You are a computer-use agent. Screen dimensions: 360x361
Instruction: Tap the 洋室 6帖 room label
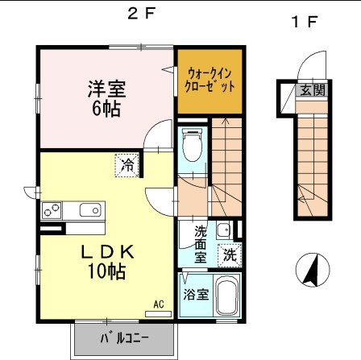pos(106,97)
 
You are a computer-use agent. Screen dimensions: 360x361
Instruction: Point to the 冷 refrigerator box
pos(127,164)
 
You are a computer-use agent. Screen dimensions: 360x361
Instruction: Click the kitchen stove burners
pos(52,211)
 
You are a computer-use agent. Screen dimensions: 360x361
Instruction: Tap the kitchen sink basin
pos(89,211)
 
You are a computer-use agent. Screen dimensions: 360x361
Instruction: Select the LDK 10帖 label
pos(106,262)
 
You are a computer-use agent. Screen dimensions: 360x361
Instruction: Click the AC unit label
pos(158,304)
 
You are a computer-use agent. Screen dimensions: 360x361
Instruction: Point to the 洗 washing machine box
pos(230,255)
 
